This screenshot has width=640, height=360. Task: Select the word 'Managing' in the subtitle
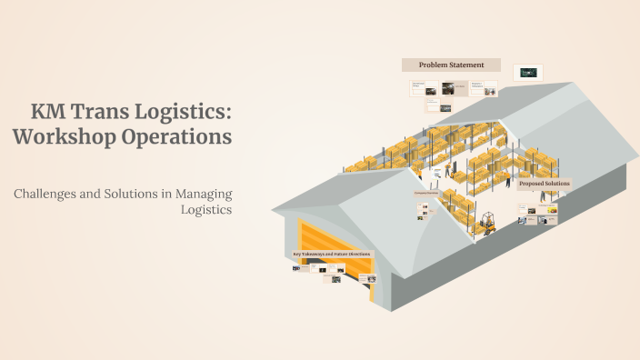pyautogui.click(x=205, y=194)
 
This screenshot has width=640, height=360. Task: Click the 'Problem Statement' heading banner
pyautogui.click(x=451, y=65)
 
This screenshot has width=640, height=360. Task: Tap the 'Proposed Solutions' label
pyautogui.click(x=545, y=184)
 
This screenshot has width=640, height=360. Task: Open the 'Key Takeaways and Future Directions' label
pyautogui.click(x=332, y=254)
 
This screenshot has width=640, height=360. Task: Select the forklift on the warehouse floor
pyautogui.click(x=485, y=224)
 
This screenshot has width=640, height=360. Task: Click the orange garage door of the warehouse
pyautogui.click(x=336, y=259)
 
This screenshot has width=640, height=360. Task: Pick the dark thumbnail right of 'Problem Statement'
pyautogui.click(x=528, y=71)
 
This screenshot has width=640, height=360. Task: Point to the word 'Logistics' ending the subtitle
pyautogui.click(x=207, y=210)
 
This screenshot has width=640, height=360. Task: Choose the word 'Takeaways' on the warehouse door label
pyautogui.click(x=314, y=254)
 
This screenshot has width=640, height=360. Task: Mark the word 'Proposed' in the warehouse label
pyautogui.click(x=532, y=184)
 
